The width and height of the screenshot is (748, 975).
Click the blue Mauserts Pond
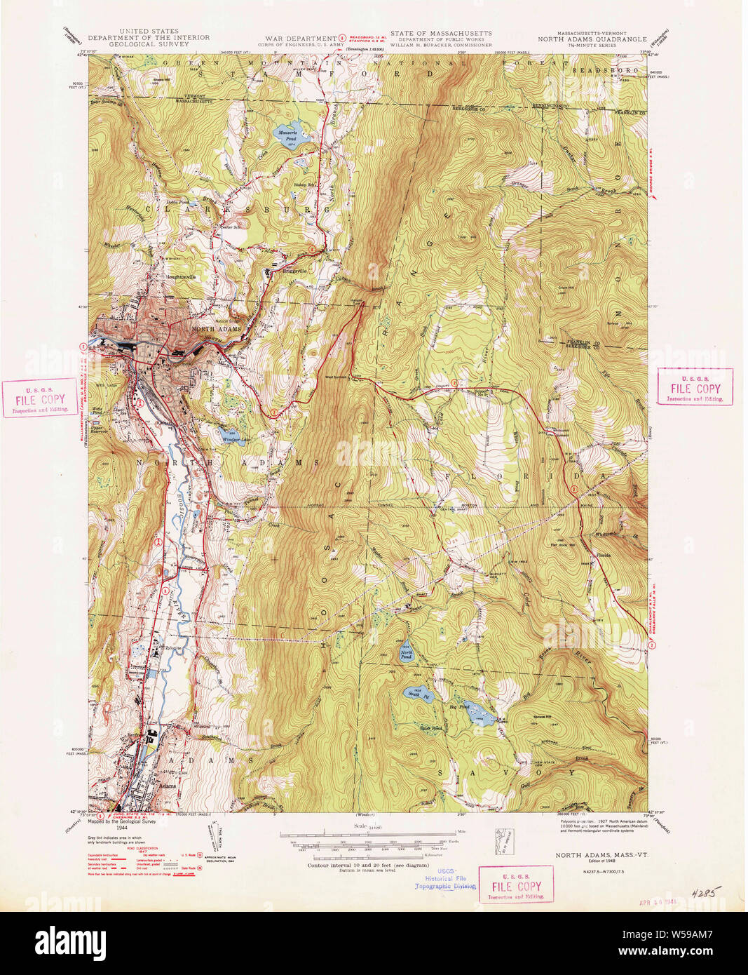[287, 135]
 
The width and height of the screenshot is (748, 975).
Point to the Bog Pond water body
[477, 712]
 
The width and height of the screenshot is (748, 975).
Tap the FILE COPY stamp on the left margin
[41, 398]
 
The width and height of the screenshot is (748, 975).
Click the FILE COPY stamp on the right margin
[695, 386]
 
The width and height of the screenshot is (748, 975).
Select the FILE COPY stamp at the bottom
[515, 883]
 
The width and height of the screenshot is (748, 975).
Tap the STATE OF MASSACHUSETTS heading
[441, 33]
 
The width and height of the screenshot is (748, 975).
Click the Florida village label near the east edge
[604, 555]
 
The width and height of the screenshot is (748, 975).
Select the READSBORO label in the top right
[595, 71]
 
